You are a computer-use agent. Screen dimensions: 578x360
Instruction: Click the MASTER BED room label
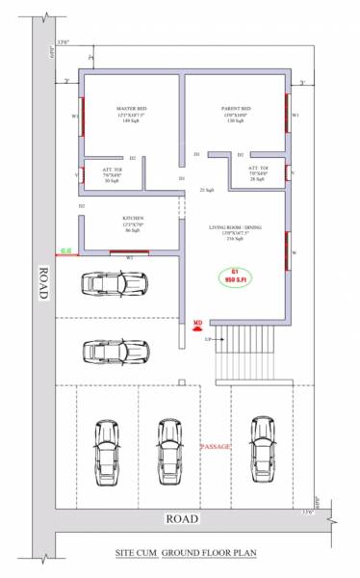click(132, 110)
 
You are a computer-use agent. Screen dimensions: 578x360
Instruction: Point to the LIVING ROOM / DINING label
click(236, 228)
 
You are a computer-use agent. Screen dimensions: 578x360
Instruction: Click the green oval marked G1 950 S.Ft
click(234, 276)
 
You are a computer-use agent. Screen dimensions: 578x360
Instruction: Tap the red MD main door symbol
click(197, 326)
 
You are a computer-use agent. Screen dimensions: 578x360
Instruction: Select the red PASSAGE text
click(216, 447)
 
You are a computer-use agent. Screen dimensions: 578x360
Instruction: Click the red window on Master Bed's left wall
click(83, 117)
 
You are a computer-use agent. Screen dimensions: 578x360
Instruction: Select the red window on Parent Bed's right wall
click(287, 114)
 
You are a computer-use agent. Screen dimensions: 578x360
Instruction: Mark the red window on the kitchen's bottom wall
click(128, 253)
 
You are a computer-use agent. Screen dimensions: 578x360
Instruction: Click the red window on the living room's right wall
click(287, 252)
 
